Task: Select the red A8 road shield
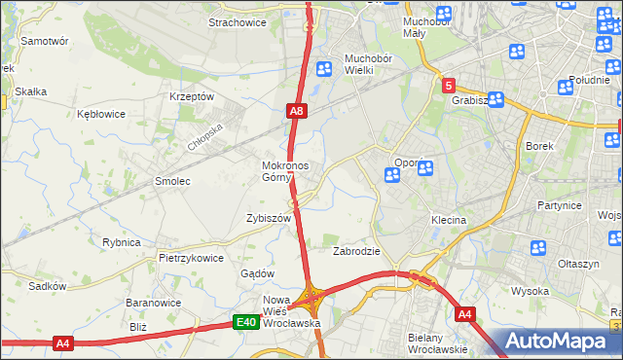tap(298, 113)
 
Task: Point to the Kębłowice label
tap(101, 114)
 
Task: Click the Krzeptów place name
tap(191, 96)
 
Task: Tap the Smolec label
tap(172, 181)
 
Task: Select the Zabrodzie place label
tap(356, 251)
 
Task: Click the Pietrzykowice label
tap(191, 258)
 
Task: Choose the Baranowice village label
tap(150, 303)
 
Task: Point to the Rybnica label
tap(122, 242)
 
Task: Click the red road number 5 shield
tap(448, 86)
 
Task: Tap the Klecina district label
tap(449, 221)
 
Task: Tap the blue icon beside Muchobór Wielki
tap(324, 68)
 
